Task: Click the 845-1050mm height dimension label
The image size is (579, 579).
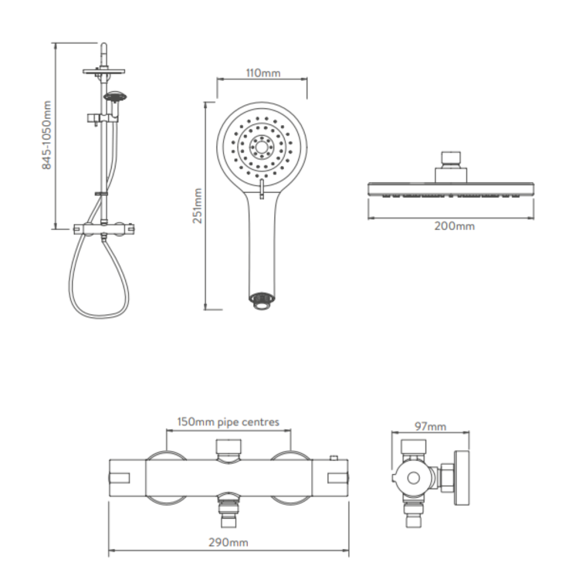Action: tap(46, 135)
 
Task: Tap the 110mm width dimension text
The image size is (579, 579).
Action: tap(263, 73)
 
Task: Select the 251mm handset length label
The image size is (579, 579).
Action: tap(198, 205)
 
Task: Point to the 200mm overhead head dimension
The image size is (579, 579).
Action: tap(454, 225)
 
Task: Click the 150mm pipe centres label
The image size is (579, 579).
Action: tap(229, 422)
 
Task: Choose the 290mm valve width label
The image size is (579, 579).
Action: tap(229, 543)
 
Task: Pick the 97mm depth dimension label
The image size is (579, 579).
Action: tap(430, 426)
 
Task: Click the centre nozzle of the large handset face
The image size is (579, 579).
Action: tap(262, 147)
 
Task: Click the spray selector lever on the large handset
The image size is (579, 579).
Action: tap(262, 189)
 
